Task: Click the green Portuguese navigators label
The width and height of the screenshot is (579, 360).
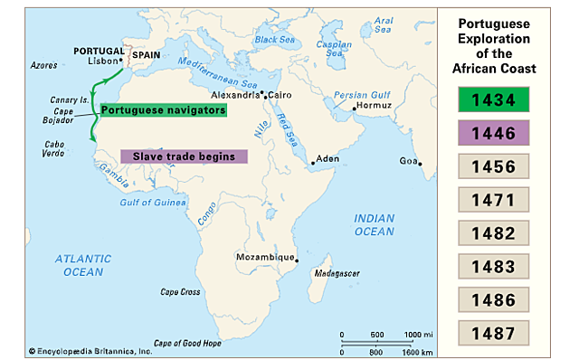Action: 163,109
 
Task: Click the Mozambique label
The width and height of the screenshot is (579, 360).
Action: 265,257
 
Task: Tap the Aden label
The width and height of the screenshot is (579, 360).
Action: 327,159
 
